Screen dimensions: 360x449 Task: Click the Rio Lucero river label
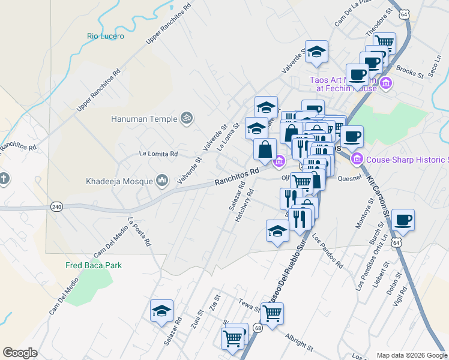point(106,36)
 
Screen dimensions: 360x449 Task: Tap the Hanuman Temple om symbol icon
point(186,119)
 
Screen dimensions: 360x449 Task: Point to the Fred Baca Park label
point(94,265)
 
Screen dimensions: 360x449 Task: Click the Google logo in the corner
point(20,353)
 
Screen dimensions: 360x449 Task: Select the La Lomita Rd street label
point(158,154)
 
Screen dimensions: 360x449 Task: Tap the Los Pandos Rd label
point(327,251)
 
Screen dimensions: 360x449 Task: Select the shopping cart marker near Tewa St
point(272,313)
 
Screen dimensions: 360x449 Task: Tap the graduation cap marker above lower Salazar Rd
point(161,310)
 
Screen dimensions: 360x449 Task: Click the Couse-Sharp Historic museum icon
point(357,159)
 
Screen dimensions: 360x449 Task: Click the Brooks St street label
point(410,73)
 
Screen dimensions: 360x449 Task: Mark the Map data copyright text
point(411,355)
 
